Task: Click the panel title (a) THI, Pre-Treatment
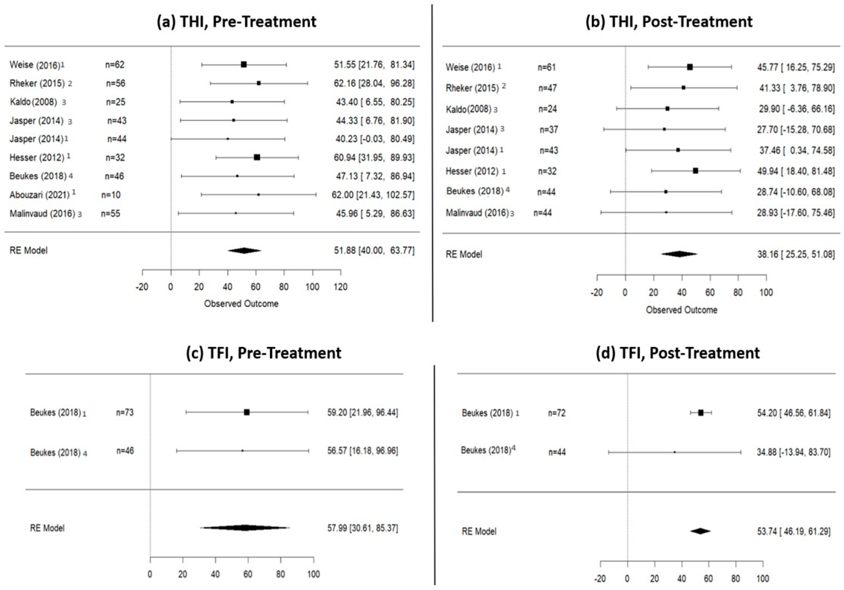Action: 236,22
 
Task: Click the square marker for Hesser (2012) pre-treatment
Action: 257,158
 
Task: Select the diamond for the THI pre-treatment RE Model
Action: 244,250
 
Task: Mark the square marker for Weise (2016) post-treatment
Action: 690,67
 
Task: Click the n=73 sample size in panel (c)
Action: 125,412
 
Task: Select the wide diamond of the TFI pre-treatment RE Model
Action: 245,528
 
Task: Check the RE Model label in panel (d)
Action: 479,531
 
